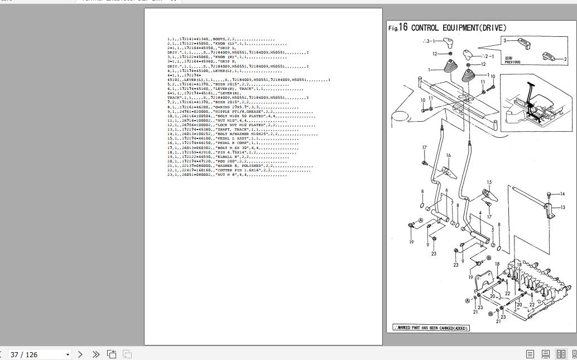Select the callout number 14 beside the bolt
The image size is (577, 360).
tap(562, 194)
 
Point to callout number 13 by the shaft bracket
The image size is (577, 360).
tap(562, 208)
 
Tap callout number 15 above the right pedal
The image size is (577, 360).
tap(489, 183)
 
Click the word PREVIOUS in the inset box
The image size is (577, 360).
tap(512, 62)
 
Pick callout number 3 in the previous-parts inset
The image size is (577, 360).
tap(505, 41)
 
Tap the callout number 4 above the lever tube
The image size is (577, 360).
tap(480, 214)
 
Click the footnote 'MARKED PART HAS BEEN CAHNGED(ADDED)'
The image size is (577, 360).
tap(431, 328)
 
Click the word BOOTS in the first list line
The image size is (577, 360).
tap(219, 40)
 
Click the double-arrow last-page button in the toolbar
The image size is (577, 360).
tap(95, 354)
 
